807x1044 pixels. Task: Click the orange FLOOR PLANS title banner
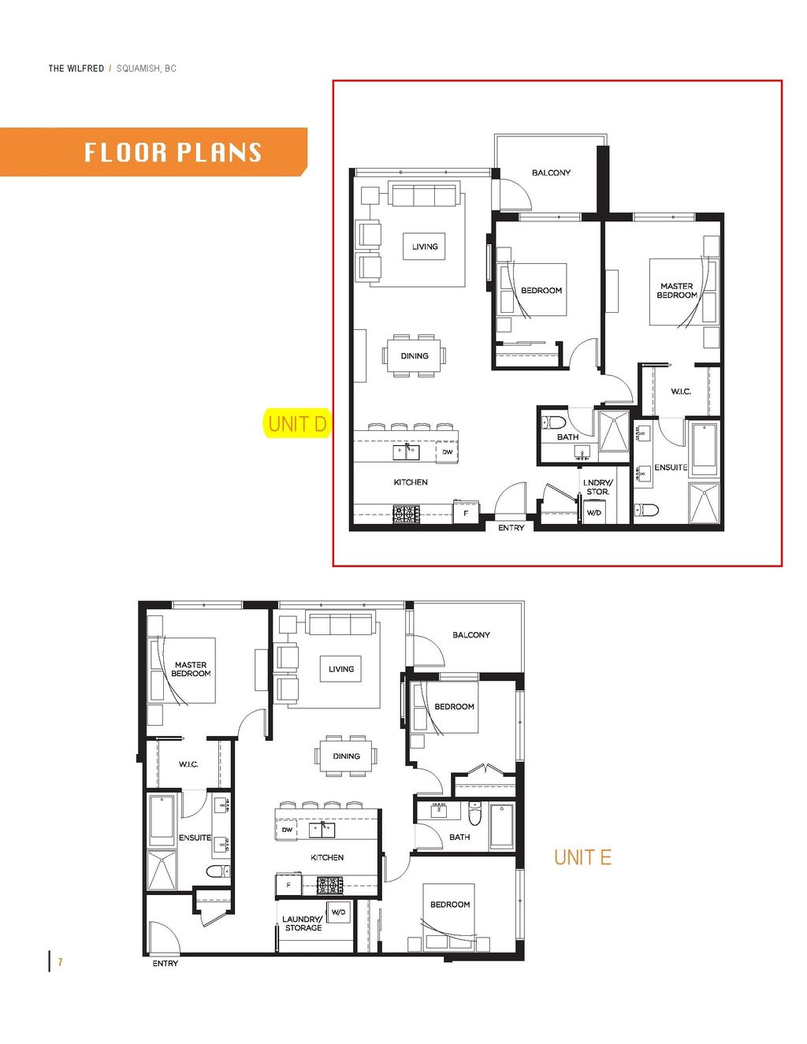click(x=153, y=152)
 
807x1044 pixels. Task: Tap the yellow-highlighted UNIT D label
click(x=297, y=424)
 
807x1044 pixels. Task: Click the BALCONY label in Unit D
click(x=551, y=173)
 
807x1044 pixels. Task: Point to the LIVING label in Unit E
click(x=341, y=669)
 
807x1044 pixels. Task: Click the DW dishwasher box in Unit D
click(x=447, y=452)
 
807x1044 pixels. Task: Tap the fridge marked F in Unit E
click(x=288, y=885)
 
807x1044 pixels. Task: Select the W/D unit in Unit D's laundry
click(x=593, y=513)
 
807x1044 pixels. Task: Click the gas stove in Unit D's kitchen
click(x=407, y=514)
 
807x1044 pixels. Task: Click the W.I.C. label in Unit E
click(x=188, y=764)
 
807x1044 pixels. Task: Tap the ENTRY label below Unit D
click(x=511, y=528)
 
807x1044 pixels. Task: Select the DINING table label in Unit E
click(x=346, y=756)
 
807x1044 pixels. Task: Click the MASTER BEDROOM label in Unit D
click(x=677, y=290)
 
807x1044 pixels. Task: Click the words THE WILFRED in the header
click(x=76, y=69)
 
